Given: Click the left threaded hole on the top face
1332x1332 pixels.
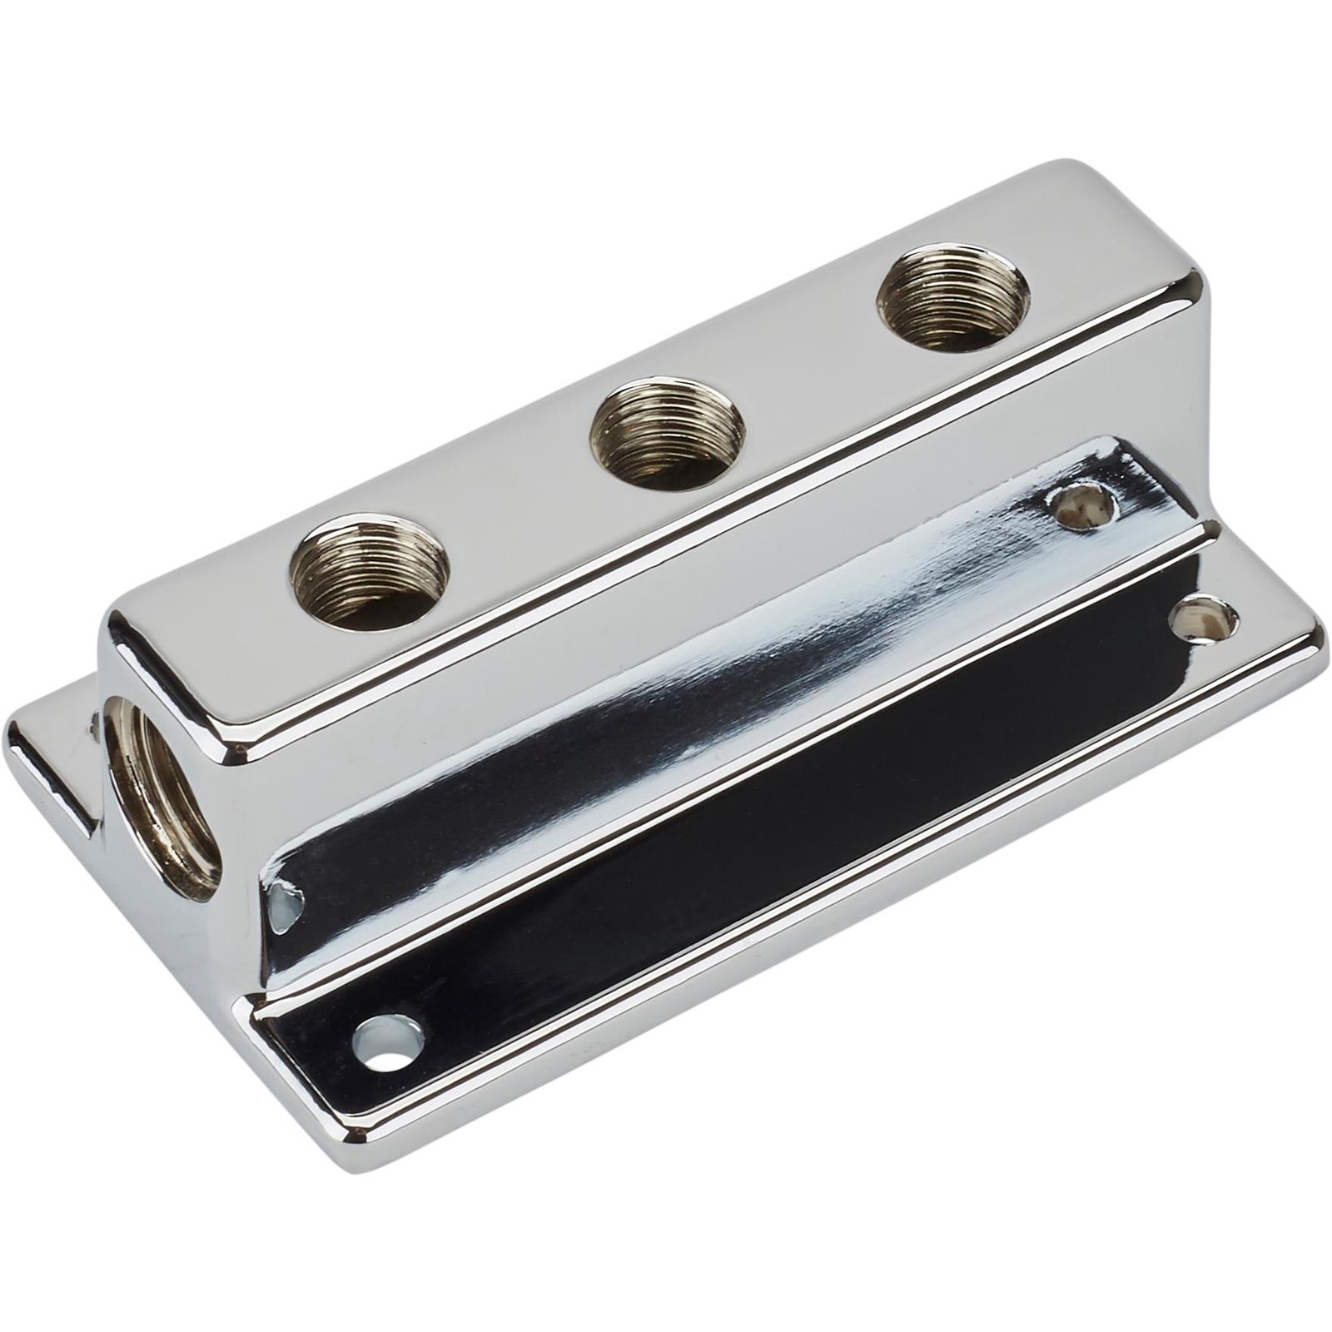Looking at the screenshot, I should point(370,572).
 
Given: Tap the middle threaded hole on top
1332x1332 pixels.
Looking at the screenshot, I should point(665,433).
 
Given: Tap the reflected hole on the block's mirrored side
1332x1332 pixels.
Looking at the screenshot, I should point(1081,504).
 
